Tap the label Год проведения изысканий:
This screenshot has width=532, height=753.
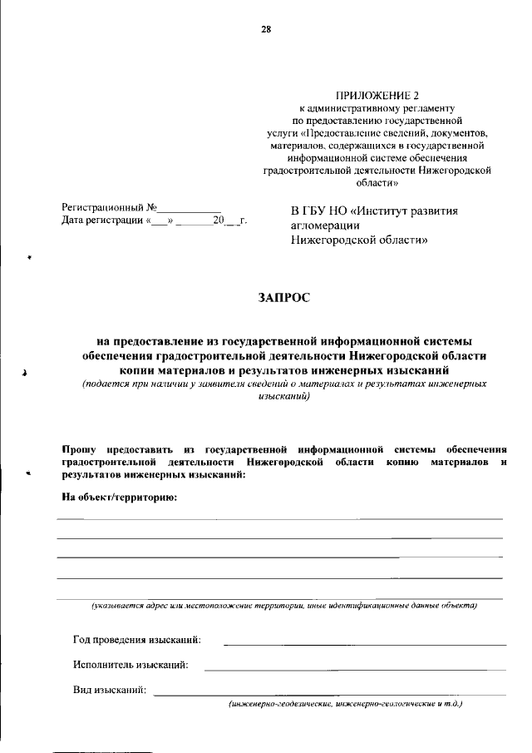click(136, 640)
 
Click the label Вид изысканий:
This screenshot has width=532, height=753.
click(110, 690)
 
